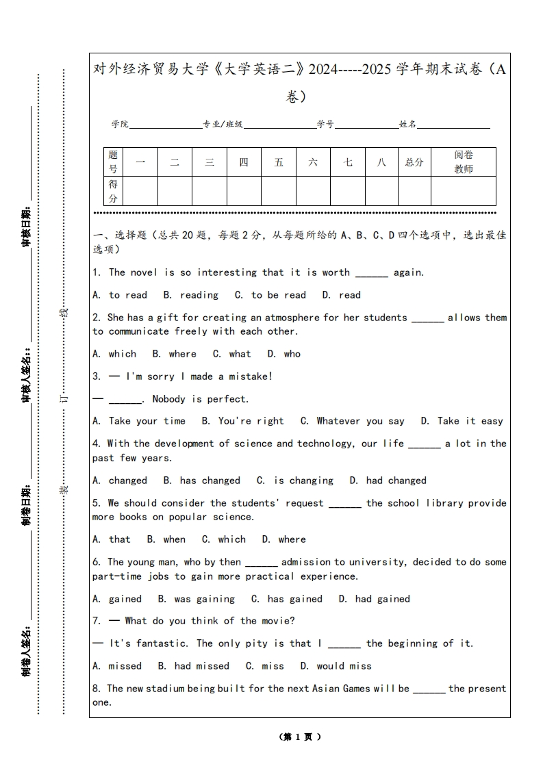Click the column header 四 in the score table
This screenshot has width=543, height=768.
[x=244, y=162]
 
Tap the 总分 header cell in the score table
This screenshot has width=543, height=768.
[x=414, y=162]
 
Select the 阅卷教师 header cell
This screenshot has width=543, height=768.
[x=464, y=162]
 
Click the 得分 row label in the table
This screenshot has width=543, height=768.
[x=113, y=191]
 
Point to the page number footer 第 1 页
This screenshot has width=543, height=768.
[x=300, y=737]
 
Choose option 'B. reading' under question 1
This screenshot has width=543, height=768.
[x=191, y=295]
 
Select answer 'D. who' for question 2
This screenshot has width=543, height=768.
[x=283, y=354]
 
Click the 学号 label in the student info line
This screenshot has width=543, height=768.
[x=325, y=125]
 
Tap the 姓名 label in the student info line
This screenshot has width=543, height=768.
[x=408, y=125]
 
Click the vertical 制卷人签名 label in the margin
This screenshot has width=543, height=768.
[x=26, y=650]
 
